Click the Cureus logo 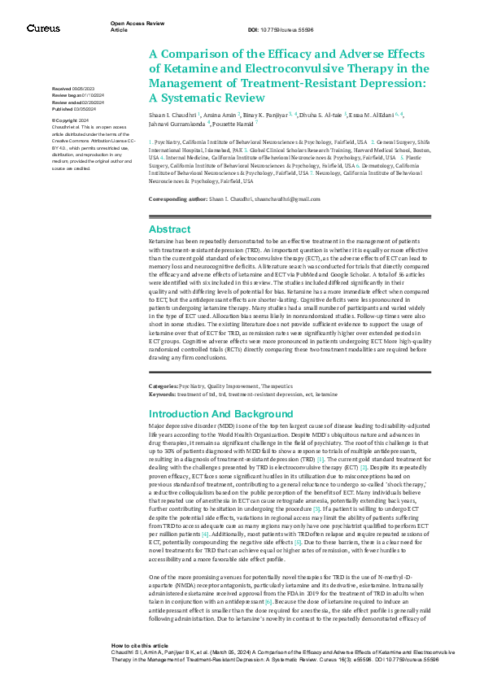click(x=43, y=28)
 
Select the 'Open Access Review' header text click(x=135, y=24)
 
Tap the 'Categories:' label click(x=164, y=385)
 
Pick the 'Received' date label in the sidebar click(x=62, y=87)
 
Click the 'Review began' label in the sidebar click(x=68, y=94)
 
